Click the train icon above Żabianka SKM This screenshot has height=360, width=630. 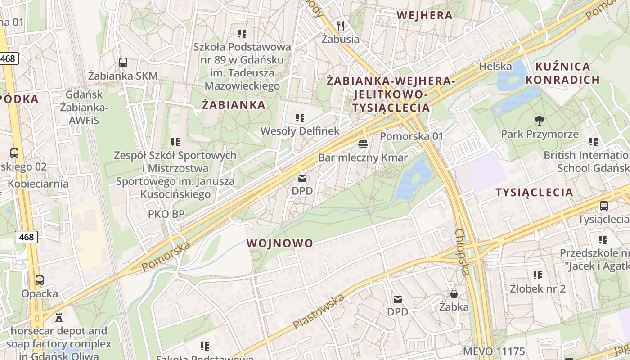[x=123, y=63]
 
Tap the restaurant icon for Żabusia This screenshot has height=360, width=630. [x=341, y=26]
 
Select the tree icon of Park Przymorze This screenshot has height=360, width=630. [x=539, y=120]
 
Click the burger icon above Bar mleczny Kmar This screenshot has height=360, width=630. [x=363, y=144]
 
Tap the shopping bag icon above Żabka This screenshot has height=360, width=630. [x=454, y=294]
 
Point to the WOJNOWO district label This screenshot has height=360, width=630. [x=279, y=243]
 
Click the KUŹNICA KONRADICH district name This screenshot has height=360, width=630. [x=562, y=73]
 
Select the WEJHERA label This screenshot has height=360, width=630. [x=424, y=15]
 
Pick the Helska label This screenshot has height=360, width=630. [x=495, y=66]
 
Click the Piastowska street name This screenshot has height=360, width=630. [x=319, y=311]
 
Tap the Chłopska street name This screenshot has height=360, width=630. [x=462, y=252]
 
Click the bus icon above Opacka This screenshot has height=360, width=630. [x=40, y=280]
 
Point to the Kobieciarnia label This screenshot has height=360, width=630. [x=38, y=184]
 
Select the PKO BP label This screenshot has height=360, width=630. [x=166, y=214]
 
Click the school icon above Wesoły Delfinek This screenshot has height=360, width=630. [x=300, y=118]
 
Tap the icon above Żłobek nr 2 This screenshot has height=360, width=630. [x=537, y=274]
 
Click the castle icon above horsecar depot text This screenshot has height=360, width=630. [x=59, y=318]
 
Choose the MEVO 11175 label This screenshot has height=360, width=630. [x=494, y=351]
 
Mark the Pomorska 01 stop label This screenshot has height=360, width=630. [x=412, y=136]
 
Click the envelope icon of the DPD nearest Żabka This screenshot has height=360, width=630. [x=397, y=299]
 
